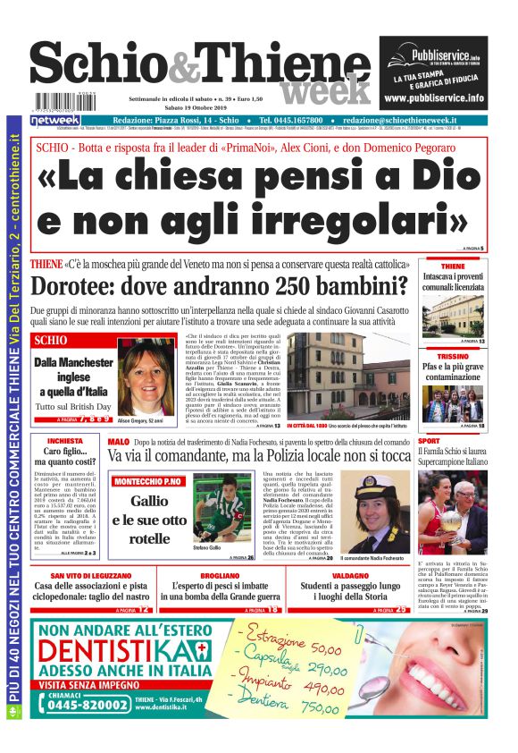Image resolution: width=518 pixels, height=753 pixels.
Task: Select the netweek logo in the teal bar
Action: [55, 120]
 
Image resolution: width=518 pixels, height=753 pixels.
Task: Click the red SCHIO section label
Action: [51, 341]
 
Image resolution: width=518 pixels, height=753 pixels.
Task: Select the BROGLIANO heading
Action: [219, 578]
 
